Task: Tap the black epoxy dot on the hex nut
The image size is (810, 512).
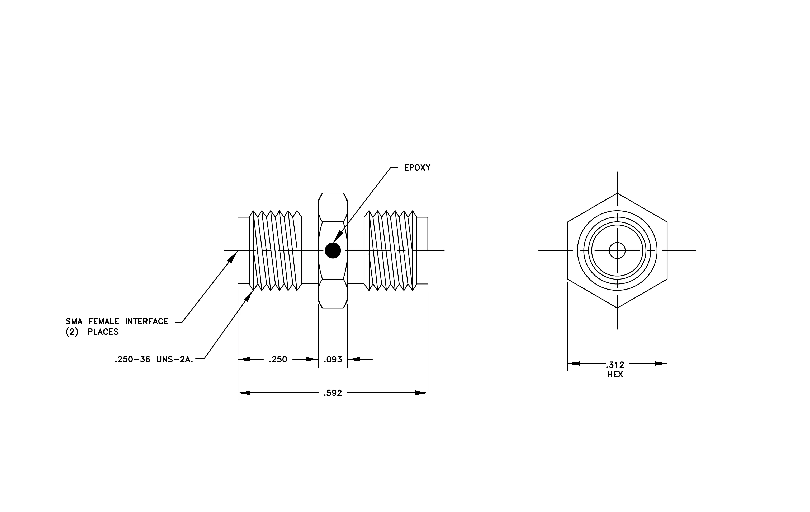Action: [333, 250]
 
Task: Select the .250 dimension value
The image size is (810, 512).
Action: [278, 360]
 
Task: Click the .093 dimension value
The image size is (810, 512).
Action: [333, 360]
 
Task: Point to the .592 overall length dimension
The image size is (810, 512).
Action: [333, 393]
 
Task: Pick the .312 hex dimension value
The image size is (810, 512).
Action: [615, 365]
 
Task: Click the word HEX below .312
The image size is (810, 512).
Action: [615, 374]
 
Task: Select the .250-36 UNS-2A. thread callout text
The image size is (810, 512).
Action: [154, 360]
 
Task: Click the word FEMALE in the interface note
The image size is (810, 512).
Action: [104, 322]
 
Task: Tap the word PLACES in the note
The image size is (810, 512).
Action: [103, 332]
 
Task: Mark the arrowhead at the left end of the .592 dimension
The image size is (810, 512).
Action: [244, 393]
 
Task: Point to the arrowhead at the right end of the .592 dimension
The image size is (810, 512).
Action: [422, 393]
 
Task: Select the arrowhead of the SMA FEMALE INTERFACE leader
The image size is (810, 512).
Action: [233, 257]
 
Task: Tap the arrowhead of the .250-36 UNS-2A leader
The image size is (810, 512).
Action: [249, 296]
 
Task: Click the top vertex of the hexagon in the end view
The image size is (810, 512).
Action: [617, 193]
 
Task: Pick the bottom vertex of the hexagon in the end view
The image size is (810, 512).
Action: [617, 308]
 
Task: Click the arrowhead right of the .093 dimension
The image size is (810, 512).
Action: [354, 359]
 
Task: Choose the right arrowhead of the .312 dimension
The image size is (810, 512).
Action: [661, 364]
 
